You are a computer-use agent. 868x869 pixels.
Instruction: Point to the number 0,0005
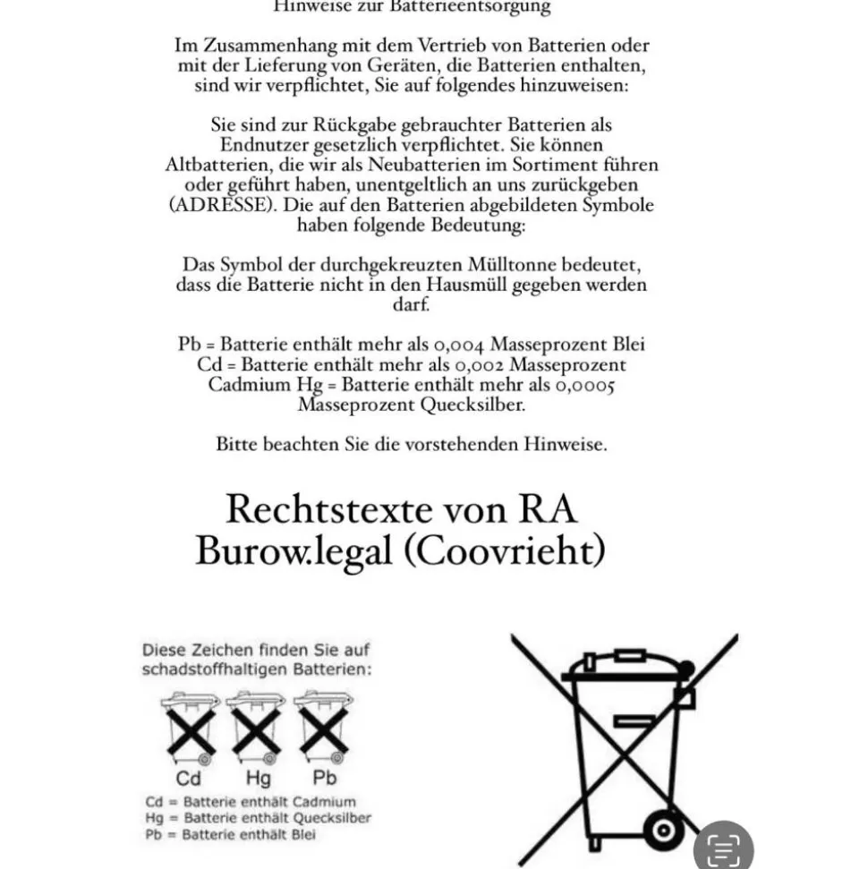point(584,386)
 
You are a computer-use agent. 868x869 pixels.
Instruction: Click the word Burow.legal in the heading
point(294,551)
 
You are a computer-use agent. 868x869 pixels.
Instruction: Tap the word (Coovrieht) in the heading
point(503,551)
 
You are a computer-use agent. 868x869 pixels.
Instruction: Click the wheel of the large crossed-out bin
point(663,830)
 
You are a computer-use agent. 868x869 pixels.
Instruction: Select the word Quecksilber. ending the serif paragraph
point(469,405)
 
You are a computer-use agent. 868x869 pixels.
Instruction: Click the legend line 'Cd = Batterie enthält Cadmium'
point(250,802)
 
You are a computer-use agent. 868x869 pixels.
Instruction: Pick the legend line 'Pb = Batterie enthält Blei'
point(230,834)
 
